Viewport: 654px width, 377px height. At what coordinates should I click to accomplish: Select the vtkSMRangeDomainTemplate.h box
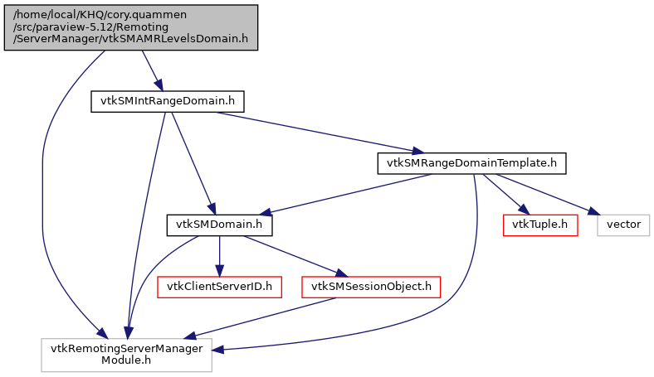click(471, 163)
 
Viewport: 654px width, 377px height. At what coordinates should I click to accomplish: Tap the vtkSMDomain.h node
click(218, 225)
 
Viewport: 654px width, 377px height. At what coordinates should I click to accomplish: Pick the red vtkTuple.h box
click(539, 225)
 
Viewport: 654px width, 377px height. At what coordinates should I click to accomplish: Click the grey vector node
click(622, 225)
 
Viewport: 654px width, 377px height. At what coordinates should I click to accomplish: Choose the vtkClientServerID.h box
click(219, 287)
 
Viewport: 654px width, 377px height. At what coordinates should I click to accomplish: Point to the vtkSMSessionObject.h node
click(372, 287)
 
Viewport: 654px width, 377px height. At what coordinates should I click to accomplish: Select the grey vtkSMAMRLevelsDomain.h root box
click(130, 27)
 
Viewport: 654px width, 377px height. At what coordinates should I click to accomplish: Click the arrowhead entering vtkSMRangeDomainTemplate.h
click(419, 151)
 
